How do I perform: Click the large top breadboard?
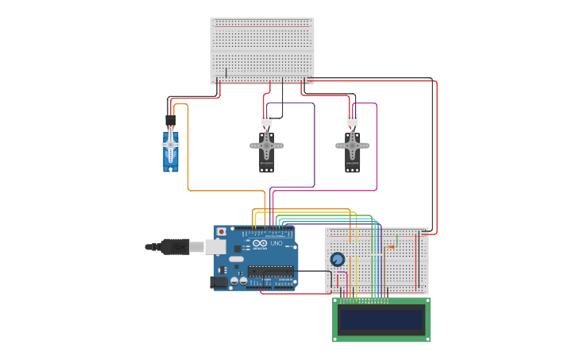[x=262, y=50]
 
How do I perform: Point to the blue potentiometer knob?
[x=337, y=259]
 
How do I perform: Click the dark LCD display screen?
[x=381, y=319]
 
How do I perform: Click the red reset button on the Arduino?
[x=221, y=232]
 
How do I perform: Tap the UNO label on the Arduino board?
[x=276, y=243]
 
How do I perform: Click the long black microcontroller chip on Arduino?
[x=270, y=271]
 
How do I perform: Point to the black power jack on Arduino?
[x=218, y=281]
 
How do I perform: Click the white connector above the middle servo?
[x=266, y=121]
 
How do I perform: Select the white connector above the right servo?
[x=352, y=121]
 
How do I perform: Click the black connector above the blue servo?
[x=171, y=120]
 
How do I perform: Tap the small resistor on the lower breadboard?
[x=389, y=247]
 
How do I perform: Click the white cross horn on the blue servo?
[x=170, y=145]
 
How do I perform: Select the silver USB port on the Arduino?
[x=215, y=247]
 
